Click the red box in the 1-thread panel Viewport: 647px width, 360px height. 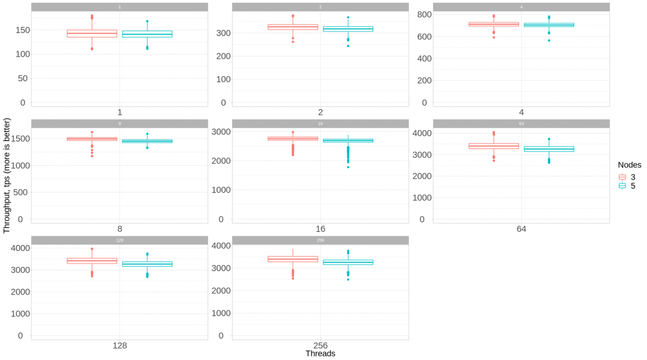click(92, 34)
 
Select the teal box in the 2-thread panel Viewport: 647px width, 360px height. click(348, 29)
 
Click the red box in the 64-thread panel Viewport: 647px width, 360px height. click(494, 146)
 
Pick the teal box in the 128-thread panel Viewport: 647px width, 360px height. click(147, 264)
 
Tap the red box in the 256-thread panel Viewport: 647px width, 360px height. click(293, 259)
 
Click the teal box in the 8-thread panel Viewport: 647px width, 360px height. click(147, 141)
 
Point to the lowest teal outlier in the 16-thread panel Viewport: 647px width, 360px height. click(348, 167)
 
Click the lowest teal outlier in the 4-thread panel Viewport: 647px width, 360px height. click(549, 40)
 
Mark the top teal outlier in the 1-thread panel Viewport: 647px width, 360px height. click(147, 21)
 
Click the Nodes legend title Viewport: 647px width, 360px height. click(629, 165)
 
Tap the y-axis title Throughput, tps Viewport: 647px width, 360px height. click(6, 175)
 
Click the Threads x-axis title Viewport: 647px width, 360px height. click(320, 354)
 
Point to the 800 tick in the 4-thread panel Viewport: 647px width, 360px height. click(424, 14)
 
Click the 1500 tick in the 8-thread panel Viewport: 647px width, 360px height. click(20, 139)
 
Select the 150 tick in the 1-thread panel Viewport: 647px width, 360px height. click(23, 30)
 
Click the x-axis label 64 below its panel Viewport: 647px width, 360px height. click(521, 229)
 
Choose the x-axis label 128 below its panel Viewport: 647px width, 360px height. click(120, 346)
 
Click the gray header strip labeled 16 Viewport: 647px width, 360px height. click(320, 124)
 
